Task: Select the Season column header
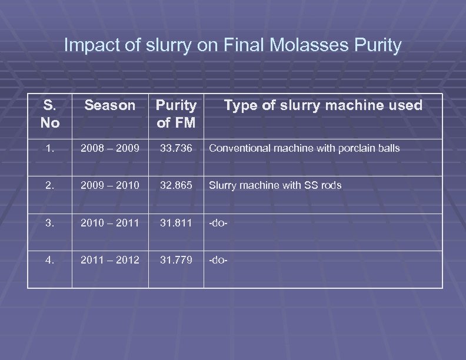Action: click(109, 106)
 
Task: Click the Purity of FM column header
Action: click(175, 114)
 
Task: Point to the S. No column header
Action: click(50, 114)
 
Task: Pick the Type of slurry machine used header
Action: click(323, 106)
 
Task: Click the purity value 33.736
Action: click(176, 148)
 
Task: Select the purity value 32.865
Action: click(176, 185)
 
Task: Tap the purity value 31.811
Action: click(176, 222)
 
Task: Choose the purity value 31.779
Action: click(176, 259)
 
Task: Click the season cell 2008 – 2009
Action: click(109, 148)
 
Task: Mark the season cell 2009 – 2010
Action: click(109, 185)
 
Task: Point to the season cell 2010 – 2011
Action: click(109, 222)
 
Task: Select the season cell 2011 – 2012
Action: click(109, 259)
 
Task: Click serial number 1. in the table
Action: click(50, 148)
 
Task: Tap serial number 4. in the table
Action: click(50, 259)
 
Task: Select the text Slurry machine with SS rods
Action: click(275, 185)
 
